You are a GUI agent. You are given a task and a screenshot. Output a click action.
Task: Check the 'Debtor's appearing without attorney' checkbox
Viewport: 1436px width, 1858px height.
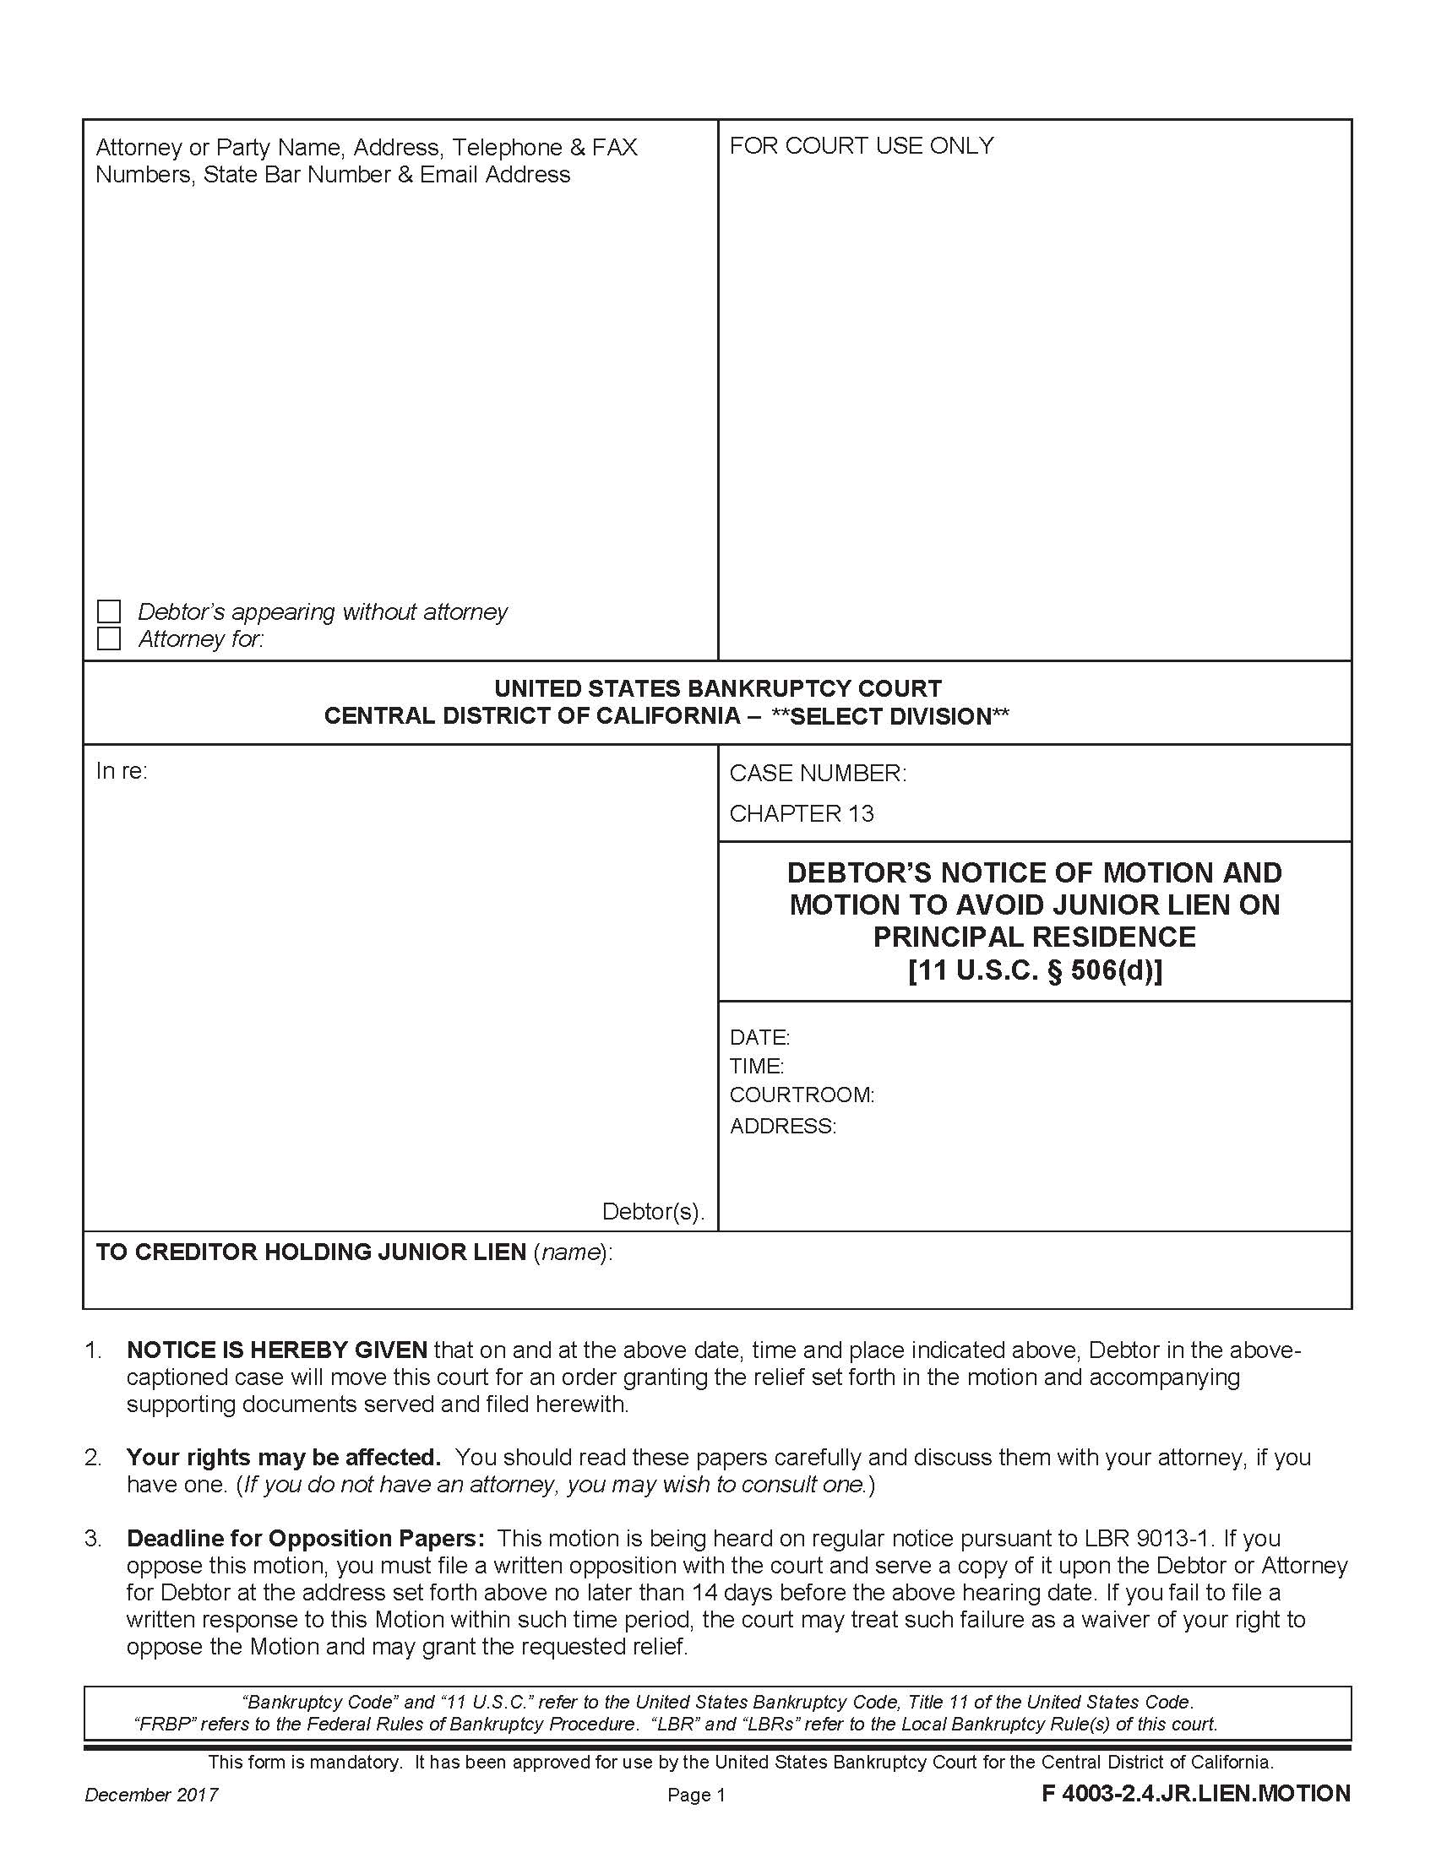109,611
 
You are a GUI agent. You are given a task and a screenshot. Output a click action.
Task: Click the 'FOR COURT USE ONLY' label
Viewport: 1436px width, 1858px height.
861,146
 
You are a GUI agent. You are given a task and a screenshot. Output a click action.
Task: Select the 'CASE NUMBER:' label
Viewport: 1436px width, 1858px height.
818,774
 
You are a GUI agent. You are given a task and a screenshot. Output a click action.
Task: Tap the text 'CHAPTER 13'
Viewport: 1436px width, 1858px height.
802,814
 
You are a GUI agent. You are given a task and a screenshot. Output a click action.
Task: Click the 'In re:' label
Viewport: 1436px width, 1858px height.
122,772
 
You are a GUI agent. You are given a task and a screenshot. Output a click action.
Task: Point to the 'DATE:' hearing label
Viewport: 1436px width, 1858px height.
759,1037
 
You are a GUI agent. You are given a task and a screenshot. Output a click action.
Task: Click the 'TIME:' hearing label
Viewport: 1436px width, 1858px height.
756,1066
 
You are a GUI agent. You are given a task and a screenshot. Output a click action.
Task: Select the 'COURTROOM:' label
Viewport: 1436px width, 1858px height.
802,1095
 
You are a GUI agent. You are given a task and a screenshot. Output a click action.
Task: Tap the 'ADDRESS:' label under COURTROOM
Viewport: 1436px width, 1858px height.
783,1127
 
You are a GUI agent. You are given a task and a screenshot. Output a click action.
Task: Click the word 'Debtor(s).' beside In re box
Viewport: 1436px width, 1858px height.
652,1211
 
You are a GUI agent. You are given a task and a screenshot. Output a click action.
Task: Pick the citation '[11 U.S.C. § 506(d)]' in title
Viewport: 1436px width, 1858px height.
1035,970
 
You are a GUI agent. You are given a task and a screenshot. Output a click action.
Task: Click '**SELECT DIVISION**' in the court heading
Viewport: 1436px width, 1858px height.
889,716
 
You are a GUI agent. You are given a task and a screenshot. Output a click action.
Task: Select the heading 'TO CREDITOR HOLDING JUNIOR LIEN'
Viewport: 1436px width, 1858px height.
311,1252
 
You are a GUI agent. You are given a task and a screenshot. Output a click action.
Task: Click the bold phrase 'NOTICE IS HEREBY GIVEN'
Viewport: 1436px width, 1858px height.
276,1350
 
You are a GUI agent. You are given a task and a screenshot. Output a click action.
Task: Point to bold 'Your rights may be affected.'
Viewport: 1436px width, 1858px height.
283,1458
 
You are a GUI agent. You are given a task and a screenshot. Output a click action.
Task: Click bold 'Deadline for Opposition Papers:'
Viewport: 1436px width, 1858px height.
306,1538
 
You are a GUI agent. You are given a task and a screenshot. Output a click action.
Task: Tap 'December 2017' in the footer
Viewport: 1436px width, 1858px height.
151,1795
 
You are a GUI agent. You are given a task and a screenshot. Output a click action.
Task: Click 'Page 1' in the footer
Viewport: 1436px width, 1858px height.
696,1795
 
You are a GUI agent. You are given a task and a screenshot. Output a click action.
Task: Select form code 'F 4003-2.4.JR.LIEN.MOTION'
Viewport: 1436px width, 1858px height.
1195,1794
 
